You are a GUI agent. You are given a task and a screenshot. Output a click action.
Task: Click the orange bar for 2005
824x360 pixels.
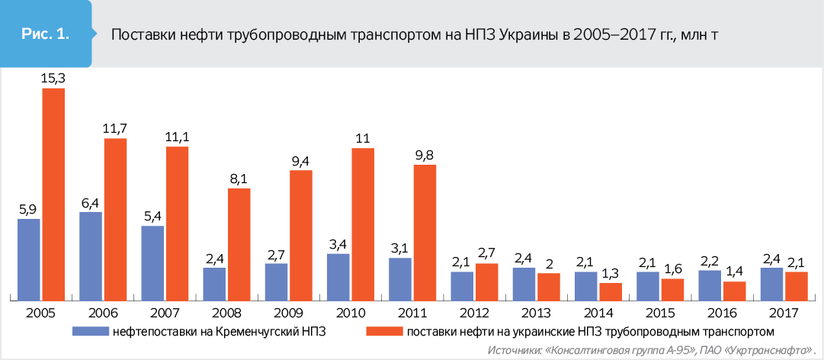(x=53, y=194)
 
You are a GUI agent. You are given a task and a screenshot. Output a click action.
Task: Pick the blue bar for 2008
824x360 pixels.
(x=214, y=283)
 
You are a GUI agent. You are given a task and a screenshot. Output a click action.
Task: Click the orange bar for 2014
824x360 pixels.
(x=611, y=291)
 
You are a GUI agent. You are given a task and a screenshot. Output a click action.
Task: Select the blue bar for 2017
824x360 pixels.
(x=771, y=283)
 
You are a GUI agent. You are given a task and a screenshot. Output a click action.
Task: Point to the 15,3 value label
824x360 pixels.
(x=53, y=78)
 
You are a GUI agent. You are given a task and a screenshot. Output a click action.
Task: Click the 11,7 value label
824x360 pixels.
(x=115, y=128)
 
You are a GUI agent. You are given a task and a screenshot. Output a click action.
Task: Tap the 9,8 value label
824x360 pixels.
(x=425, y=154)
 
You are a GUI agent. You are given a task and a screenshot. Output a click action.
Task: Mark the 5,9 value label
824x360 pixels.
(x=29, y=208)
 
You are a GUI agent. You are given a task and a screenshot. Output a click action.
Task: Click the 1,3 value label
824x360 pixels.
(x=611, y=272)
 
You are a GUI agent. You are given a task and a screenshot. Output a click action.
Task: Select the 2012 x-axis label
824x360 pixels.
(x=474, y=312)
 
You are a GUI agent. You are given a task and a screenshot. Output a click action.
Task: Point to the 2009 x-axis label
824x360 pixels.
(x=289, y=312)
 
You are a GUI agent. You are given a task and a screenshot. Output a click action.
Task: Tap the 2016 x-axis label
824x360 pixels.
(x=722, y=312)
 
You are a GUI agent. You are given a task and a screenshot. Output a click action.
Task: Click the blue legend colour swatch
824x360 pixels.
(x=90, y=331)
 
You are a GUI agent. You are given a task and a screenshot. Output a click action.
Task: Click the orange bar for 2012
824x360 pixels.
(x=486, y=281)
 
